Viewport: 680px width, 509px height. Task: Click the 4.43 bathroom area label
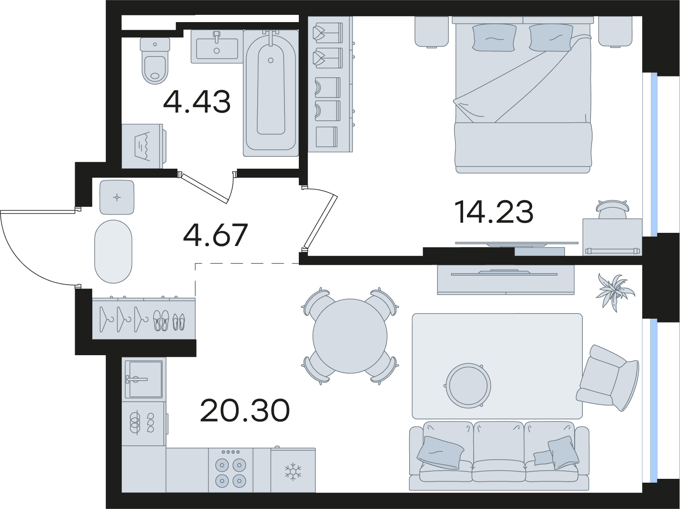[x=197, y=102]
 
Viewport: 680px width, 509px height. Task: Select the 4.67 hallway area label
[x=216, y=235]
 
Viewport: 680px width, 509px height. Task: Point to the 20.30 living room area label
[x=245, y=410]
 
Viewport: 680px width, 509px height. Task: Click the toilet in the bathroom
[x=155, y=61]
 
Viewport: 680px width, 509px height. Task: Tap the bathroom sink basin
[x=217, y=47]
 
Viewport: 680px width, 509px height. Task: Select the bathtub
[x=271, y=93]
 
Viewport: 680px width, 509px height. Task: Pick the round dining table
[x=350, y=336]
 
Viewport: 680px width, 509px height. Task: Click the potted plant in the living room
[x=615, y=292]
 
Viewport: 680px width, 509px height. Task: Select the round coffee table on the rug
[x=468, y=386]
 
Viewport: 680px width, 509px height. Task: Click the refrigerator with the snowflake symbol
[x=293, y=470]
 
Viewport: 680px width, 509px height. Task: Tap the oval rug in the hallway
[x=113, y=252]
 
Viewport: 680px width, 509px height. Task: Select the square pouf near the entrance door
[x=117, y=197]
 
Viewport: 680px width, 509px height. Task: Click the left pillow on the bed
[x=494, y=37]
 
